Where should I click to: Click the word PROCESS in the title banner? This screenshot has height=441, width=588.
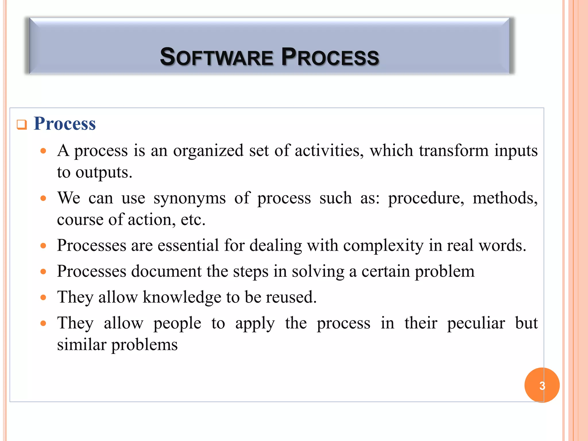tap(330, 57)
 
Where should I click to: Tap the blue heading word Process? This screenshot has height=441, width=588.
tap(65, 123)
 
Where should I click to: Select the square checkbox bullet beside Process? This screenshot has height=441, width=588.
tap(22, 125)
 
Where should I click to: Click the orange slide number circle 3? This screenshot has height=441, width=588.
tap(542, 385)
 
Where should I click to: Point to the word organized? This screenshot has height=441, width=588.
tap(208, 150)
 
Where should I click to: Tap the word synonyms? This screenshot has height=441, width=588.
tap(189, 198)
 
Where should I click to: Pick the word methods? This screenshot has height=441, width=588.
tap(505, 198)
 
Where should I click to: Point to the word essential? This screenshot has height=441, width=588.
tap(188, 245)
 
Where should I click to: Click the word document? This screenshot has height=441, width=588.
tap(166, 271)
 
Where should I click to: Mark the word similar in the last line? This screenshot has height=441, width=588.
tap(82, 345)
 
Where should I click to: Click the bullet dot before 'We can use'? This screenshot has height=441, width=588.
tap(43, 198)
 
